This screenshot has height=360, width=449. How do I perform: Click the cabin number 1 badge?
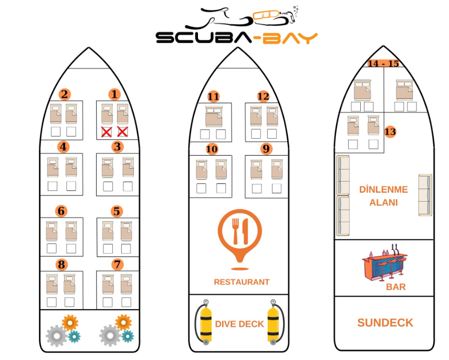pos(114,95)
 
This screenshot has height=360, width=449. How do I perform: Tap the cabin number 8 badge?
pos(61,264)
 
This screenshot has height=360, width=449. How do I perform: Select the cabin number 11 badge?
pos(213,96)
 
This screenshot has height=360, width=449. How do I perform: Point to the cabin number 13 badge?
pos(390,131)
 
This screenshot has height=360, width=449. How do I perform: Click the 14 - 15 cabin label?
pos(383,64)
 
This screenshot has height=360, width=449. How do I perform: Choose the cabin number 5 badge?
pos(117,211)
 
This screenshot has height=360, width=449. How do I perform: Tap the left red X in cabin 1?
pos(107,131)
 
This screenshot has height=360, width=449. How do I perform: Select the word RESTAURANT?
pos(242,282)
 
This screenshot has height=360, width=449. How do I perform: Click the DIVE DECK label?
pos(239,324)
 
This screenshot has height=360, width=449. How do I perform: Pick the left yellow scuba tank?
pos(205,322)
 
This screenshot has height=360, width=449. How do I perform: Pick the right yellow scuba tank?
pos(273,322)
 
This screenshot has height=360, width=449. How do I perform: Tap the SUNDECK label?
pos(385,323)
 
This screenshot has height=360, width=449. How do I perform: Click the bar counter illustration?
pos(385,265)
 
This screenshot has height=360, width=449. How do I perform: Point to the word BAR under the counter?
pos(395,287)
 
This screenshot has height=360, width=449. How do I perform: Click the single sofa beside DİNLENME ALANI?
pos(425,195)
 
